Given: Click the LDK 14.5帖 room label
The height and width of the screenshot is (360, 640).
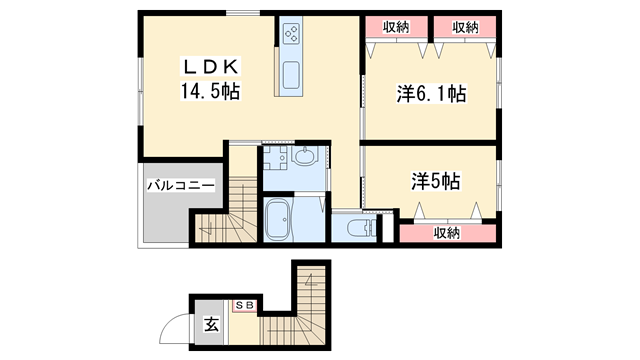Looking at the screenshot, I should (210, 79).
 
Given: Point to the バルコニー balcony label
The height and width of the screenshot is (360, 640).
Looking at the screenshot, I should (180, 185).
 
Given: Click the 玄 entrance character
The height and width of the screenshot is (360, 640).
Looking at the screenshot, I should (212, 324).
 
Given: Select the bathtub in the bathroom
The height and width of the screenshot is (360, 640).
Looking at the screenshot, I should (279, 219).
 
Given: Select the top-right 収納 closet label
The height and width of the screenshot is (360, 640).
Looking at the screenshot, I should (464, 27).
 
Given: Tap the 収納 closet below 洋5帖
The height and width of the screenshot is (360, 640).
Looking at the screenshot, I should (447, 233).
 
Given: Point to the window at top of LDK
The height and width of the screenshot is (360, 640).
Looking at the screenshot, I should (241, 12).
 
